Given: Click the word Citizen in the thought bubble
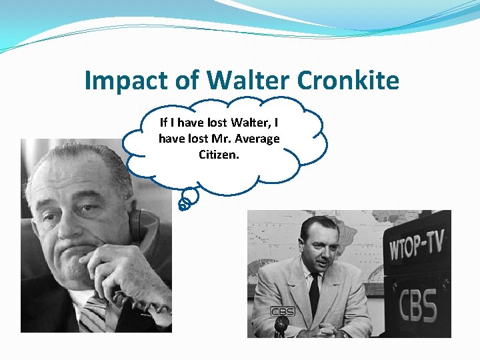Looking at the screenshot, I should pos(217,154).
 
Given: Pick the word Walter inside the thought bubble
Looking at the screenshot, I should pos(248,123).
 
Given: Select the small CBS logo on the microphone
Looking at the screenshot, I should pos(282,311).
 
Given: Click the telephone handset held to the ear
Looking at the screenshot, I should pos(135,223).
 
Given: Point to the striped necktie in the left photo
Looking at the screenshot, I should pos(93,313).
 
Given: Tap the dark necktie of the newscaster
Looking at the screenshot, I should pos(314,294).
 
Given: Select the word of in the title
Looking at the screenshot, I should pos(188,81).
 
